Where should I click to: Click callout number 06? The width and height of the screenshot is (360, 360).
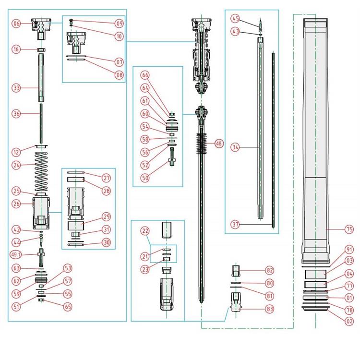[16, 24]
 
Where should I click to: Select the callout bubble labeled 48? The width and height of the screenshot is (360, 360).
[219, 143]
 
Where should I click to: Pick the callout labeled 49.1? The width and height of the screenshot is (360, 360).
[16, 254]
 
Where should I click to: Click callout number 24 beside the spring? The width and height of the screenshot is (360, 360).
[16, 165]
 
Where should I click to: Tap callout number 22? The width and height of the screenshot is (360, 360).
[145, 231]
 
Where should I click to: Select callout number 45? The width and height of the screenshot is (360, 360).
[235, 18]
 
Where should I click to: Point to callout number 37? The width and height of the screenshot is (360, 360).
[235, 224]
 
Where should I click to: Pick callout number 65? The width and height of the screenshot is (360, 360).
[68, 305]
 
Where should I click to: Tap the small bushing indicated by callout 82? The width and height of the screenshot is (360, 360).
[235, 270]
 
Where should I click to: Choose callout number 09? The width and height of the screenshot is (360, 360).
[119, 23]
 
